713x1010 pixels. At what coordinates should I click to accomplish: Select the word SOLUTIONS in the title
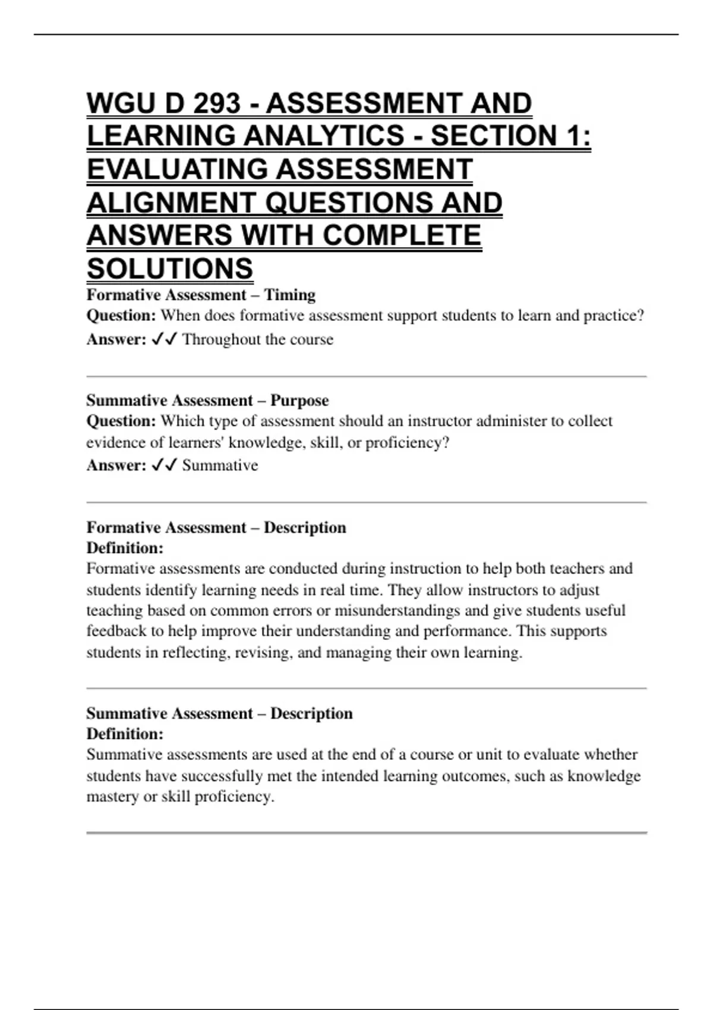coord(170,269)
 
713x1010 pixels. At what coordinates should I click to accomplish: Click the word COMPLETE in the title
coord(402,235)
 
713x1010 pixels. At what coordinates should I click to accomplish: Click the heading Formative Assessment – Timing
coord(201,295)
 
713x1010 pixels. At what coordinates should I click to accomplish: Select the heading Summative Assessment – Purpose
coord(207,400)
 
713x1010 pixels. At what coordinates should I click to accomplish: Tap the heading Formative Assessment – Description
coord(216,528)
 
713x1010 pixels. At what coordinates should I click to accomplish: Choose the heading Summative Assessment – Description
coord(219,713)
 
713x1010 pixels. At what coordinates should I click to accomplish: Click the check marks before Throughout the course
coord(164,339)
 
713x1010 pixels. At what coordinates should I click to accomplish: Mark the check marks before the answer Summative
coord(164,465)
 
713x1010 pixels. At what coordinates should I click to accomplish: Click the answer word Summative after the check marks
coord(220,465)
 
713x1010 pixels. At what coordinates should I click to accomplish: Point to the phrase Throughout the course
coord(258,339)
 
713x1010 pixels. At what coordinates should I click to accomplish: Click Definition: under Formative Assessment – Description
coord(125,548)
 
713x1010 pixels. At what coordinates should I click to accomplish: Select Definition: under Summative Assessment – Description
coord(125,734)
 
